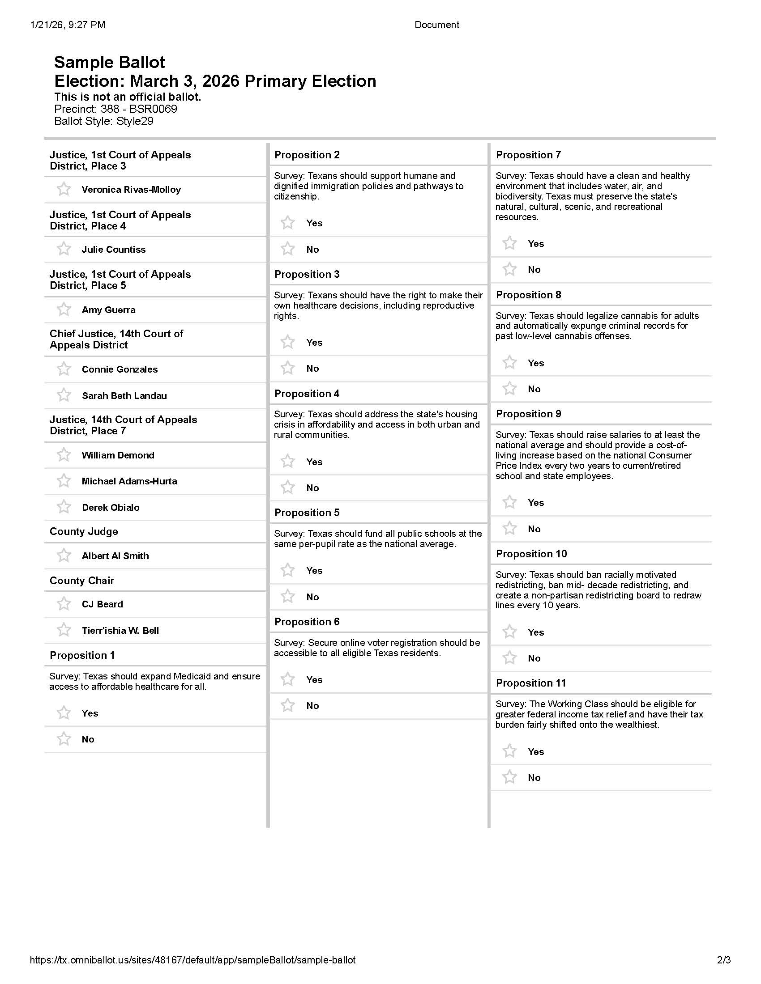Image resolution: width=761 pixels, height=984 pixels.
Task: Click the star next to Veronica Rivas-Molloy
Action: point(64,189)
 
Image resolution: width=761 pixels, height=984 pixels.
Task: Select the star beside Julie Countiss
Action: point(64,249)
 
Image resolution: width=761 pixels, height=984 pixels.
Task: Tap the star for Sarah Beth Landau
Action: point(64,395)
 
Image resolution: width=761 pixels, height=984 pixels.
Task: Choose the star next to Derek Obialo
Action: point(64,507)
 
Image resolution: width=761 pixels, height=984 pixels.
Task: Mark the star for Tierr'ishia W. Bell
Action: point(64,630)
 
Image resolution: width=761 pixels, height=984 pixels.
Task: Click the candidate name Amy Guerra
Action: point(109,310)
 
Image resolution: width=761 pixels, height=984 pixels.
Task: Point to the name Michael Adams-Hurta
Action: point(129,481)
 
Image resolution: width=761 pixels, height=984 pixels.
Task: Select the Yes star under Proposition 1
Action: point(64,713)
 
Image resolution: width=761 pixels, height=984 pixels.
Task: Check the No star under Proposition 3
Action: point(288,368)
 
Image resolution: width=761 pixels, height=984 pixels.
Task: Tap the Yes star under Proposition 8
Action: point(509,363)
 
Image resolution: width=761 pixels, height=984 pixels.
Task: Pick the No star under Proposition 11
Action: point(509,777)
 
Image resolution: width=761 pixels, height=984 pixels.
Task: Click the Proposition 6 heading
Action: point(307,622)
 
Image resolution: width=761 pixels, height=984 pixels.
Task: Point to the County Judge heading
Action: point(84,532)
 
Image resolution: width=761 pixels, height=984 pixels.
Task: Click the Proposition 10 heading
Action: point(531,554)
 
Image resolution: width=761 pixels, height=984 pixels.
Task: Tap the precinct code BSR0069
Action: point(153,109)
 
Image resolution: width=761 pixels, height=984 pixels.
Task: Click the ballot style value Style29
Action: point(135,121)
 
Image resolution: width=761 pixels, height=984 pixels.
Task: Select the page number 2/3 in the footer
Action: point(723,960)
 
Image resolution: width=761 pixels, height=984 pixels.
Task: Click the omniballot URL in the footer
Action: point(192,960)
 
